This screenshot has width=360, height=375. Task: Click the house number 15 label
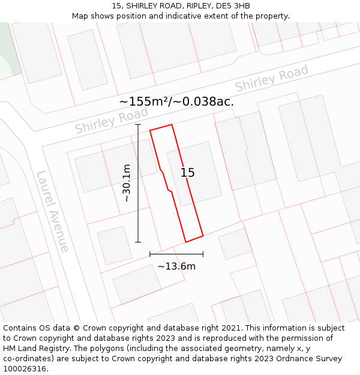pos(188,173)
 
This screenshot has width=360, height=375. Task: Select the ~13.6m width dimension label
pos(176,266)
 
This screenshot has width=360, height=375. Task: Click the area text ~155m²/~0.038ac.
pos(176,102)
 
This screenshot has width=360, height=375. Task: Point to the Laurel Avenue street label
pos(52,211)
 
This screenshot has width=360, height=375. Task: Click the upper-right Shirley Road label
pos(271,78)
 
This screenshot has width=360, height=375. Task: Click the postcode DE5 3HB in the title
pos(234,6)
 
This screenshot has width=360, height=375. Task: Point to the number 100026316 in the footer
pos(24,369)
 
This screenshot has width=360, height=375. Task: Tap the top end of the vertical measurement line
pos(138,125)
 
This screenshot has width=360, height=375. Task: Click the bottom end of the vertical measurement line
pos(138,242)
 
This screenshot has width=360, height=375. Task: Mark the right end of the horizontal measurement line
pos(203,254)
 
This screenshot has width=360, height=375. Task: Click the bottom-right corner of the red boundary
pos(203,235)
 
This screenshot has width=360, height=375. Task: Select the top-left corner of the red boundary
pos(150,130)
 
